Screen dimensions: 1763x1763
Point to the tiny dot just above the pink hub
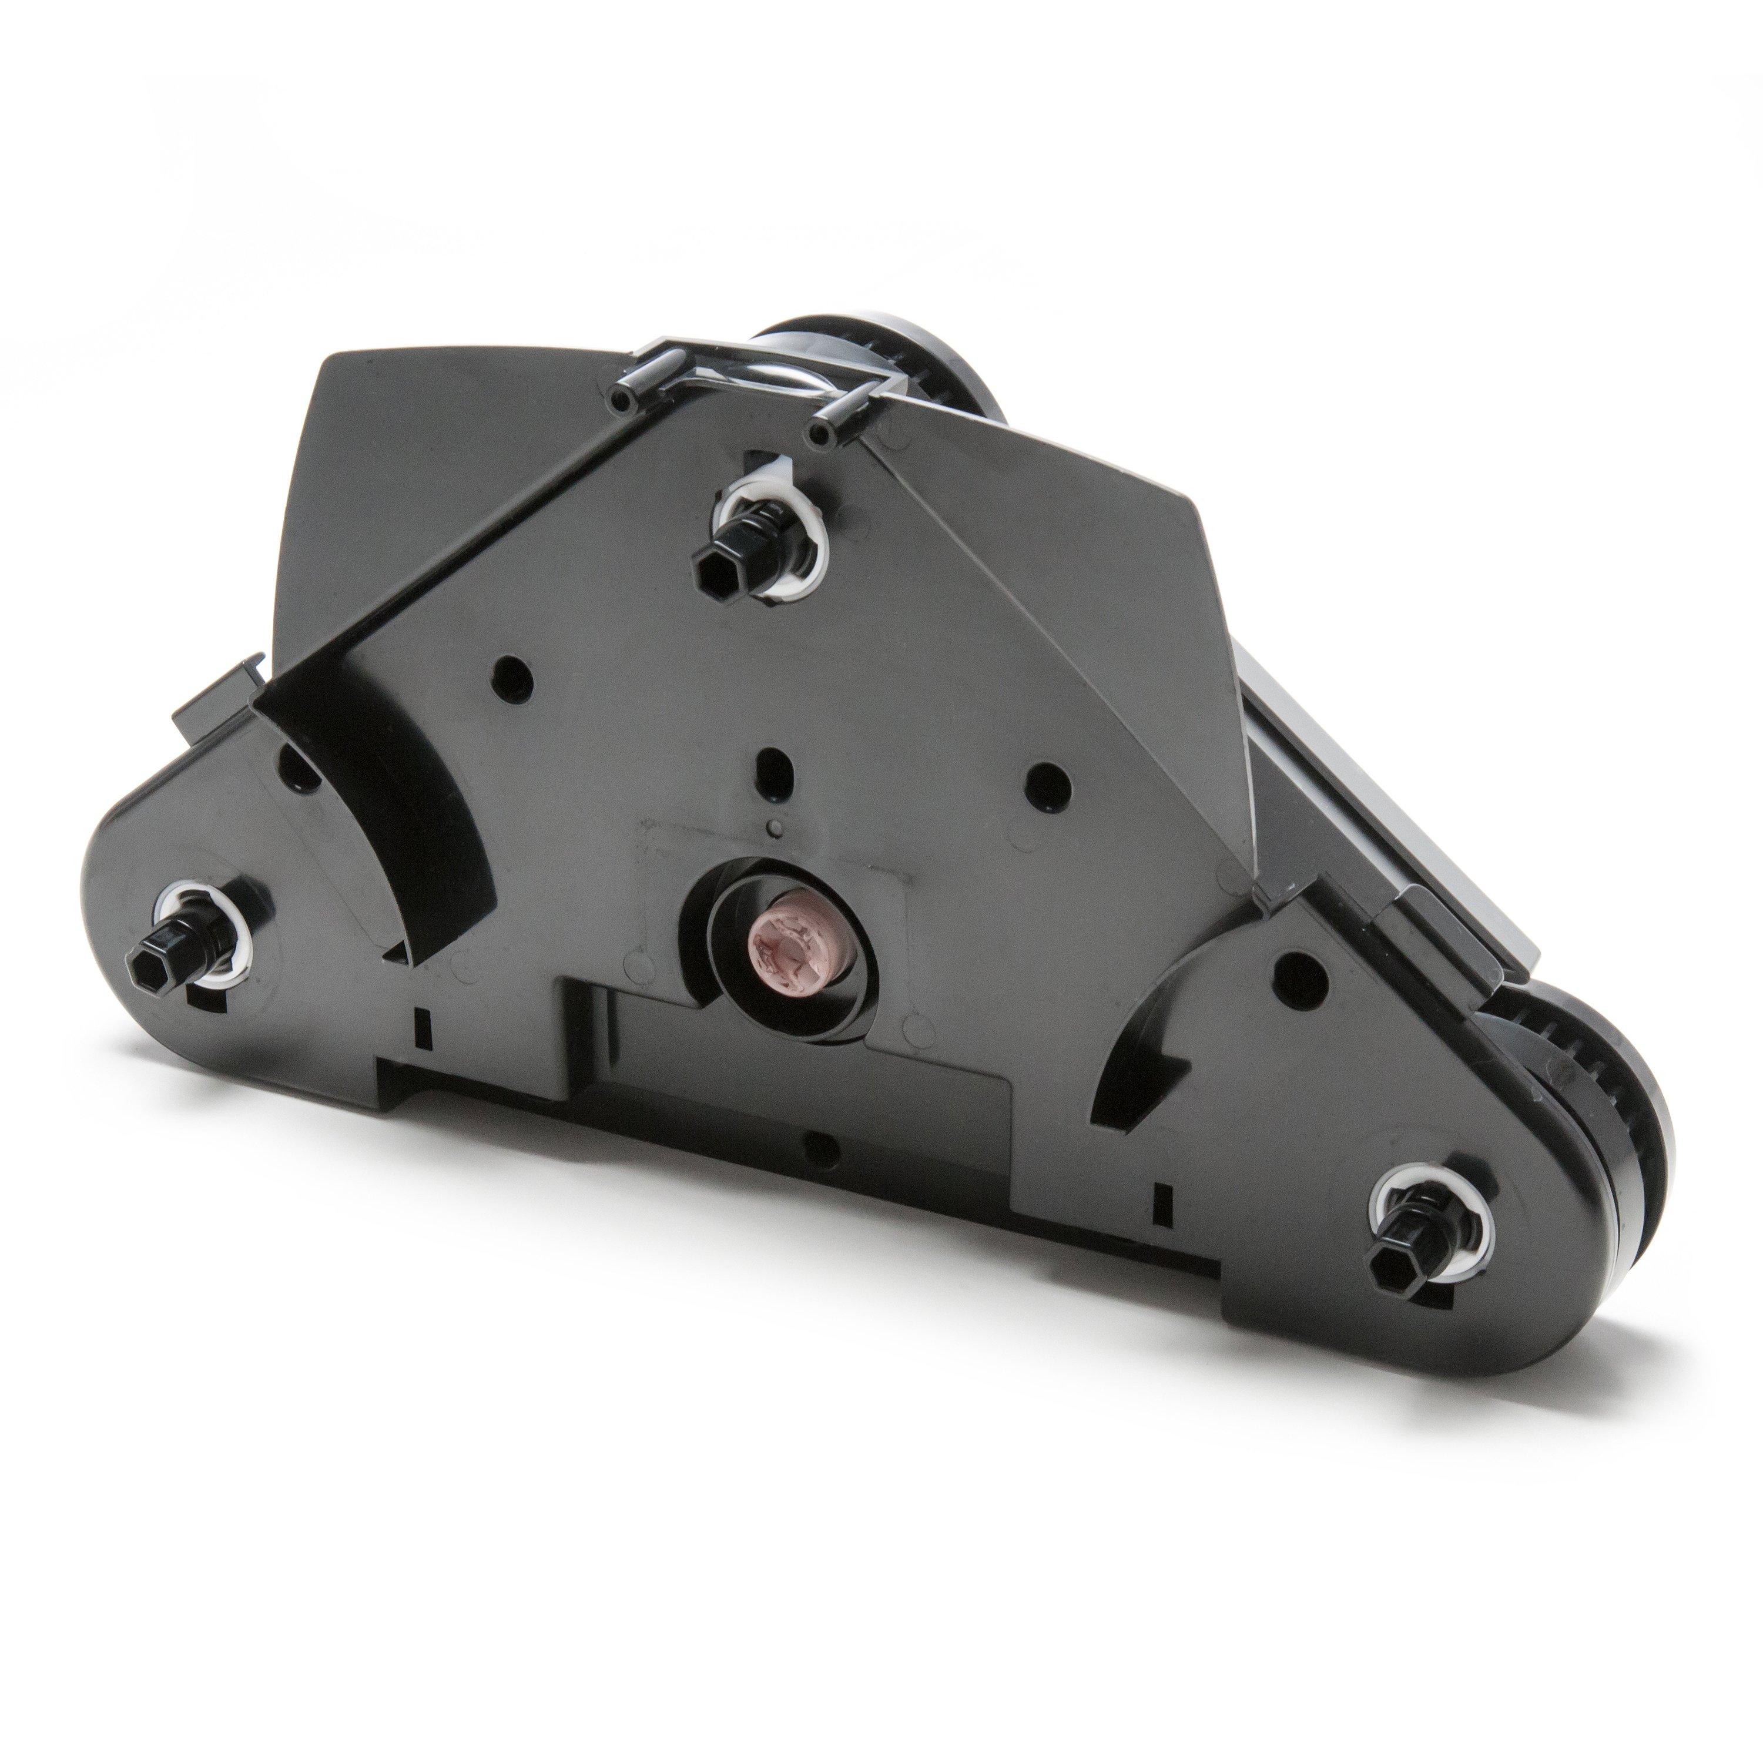[x=775, y=829]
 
